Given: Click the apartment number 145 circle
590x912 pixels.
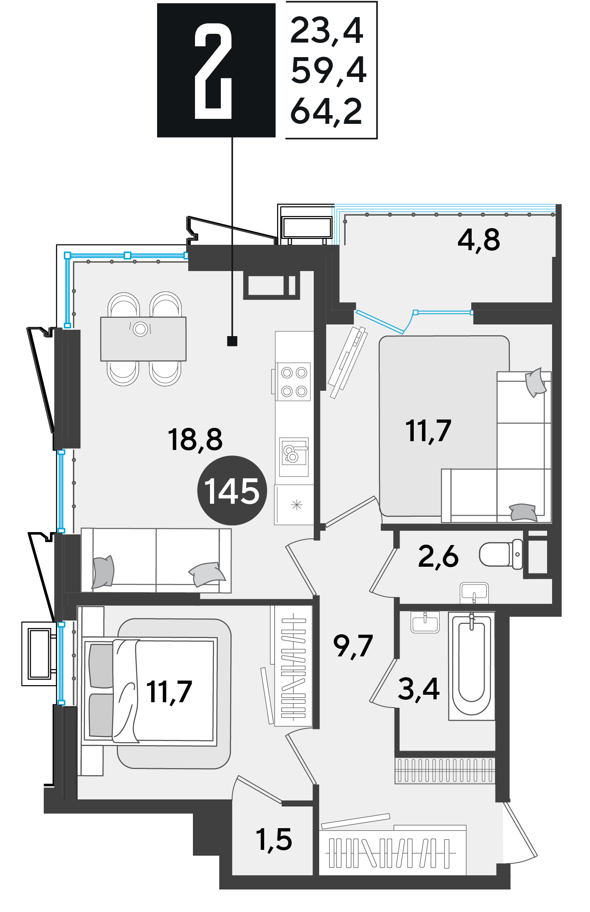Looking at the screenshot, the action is point(232,490).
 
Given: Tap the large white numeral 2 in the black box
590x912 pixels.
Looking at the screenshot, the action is point(213,71).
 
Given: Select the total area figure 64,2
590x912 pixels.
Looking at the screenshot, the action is point(326,111).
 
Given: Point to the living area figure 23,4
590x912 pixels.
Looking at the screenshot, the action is point(327,31).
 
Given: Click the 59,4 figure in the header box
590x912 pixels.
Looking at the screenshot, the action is point(329,70).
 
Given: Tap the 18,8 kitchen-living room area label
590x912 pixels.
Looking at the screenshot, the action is point(195,440).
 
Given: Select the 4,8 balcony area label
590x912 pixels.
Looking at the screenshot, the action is point(479,240).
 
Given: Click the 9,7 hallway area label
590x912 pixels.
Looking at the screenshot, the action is point(353,646).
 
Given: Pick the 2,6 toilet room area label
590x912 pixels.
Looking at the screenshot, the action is point(438,557).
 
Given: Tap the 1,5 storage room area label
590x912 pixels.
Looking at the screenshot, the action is point(274,839).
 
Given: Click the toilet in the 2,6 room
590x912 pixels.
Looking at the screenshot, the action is point(501,554).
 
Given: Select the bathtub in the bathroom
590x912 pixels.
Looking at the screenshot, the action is point(472,666).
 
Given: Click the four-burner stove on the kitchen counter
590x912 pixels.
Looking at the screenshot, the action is point(294,382).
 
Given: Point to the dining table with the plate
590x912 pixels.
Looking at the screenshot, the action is point(143,339).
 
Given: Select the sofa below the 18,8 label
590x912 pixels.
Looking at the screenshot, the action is point(156,560).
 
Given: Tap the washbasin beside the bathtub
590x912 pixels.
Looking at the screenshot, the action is point(425,622).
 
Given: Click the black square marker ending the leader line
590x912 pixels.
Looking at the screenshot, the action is point(232,341).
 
